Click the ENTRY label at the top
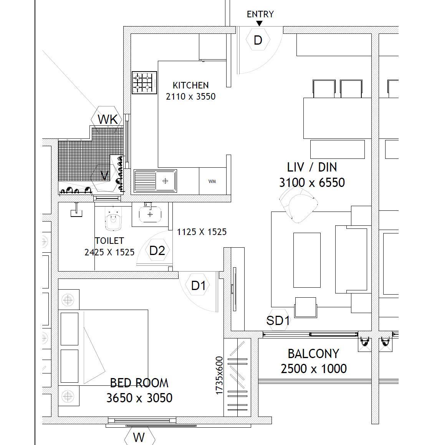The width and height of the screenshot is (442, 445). coord(260,14)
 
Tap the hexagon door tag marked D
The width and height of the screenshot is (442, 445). coord(258,40)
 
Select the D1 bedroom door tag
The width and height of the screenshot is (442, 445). coord(198,285)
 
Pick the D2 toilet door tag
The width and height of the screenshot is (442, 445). coord(157,250)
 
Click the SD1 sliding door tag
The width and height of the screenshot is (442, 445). coord(278,320)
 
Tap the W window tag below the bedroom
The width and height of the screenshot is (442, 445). coord(139,437)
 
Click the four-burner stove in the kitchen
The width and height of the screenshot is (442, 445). coord(144,82)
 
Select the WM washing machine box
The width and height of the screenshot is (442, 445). coord(212,181)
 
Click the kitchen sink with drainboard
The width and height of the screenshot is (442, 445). coord(155,181)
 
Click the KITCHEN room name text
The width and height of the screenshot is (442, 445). coord(190,85)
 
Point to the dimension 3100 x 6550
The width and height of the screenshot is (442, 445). coord(312,182)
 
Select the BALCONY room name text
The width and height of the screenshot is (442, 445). coord(313,353)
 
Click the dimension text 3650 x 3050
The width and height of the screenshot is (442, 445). coord(139,398)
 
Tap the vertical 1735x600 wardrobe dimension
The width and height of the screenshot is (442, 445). coord(219,375)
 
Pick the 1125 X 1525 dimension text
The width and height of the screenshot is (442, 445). coord(202,232)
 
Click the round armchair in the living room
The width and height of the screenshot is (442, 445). coord(299,207)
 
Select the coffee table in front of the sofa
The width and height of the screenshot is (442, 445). coord(307,260)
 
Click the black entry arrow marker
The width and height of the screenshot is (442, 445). coord(259,23)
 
